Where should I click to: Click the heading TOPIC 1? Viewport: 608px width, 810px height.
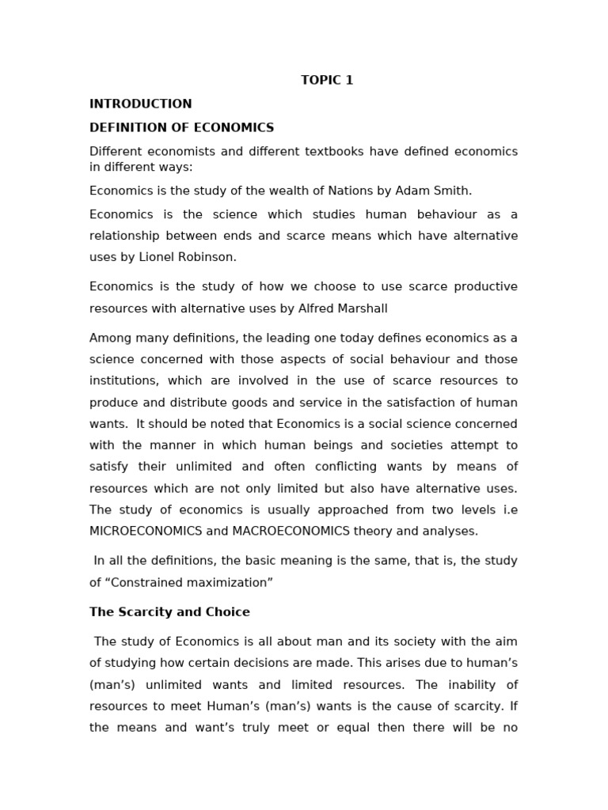(327, 80)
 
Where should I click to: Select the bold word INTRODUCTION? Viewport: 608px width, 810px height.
(140, 104)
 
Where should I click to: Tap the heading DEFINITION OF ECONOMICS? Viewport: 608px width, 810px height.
(181, 127)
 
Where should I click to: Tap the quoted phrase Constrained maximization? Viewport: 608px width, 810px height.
(188, 582)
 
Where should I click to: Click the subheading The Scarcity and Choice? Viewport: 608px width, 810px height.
(169, 611)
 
